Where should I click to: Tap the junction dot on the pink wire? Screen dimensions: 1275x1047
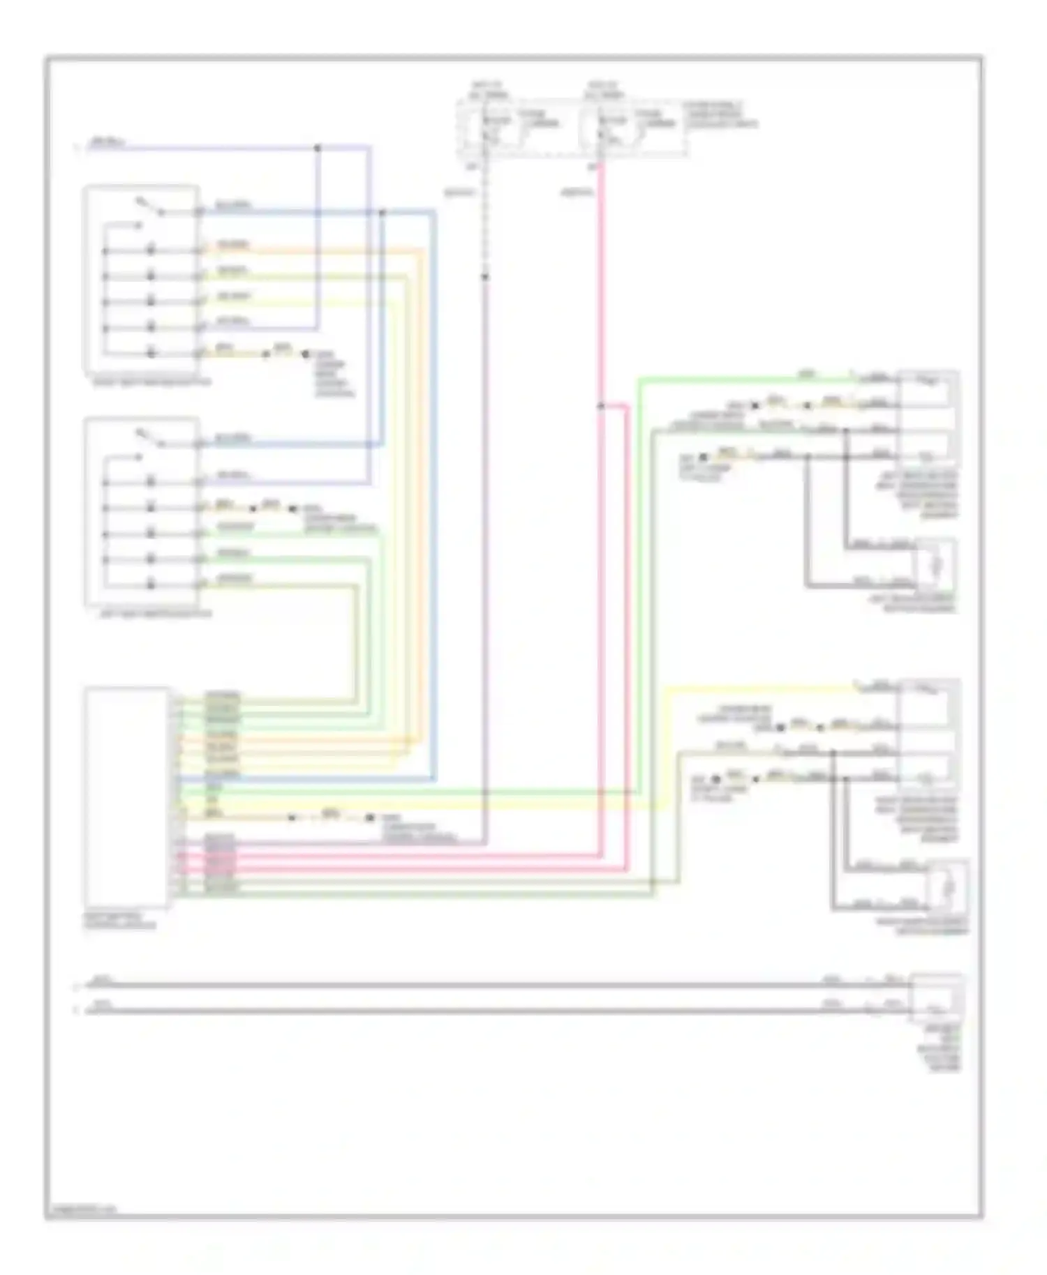600,405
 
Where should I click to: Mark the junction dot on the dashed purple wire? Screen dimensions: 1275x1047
485,277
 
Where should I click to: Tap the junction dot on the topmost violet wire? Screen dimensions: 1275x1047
318,148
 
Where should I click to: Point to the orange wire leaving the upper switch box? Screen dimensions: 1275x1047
314,250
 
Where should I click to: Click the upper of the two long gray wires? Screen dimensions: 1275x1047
489,986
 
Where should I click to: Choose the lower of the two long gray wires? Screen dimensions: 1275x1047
489,1010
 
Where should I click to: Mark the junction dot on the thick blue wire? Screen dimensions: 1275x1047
382,212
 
